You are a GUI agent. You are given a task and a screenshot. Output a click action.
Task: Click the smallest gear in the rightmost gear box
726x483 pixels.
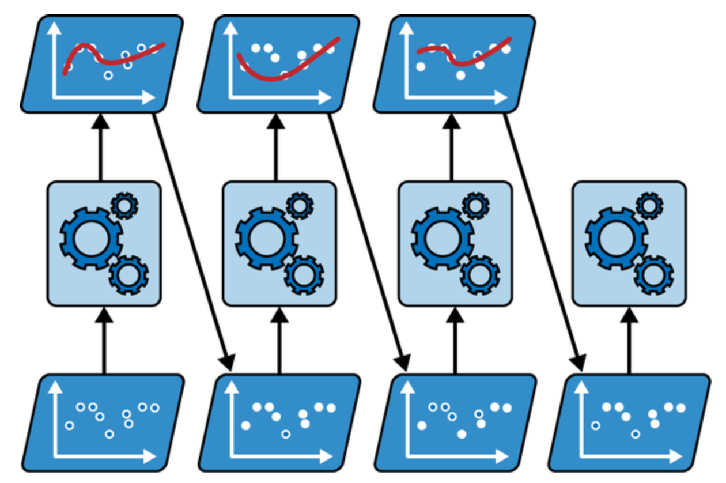(x=649, y=205)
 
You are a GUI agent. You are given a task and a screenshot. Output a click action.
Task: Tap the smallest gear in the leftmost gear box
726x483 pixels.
(x=124, y=205)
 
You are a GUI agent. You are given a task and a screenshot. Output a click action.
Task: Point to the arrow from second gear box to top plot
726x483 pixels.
(x=275, y=147)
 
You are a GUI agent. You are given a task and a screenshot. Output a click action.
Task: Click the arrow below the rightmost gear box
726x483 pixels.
(x=629, y=340)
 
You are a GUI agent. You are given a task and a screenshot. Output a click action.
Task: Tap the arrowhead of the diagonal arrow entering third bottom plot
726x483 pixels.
(x=404, y=364)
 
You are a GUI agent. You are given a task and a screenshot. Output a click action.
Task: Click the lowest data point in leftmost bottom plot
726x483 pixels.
(x=109, y=434)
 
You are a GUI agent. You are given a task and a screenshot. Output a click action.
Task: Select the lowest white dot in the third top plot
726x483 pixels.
(x=460, y=75)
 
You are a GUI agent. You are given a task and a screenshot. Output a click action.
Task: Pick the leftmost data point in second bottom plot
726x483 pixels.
(x=246, y=425)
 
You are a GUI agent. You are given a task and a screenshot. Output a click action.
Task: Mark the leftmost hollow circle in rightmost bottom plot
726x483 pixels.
(x=596, y=425)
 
